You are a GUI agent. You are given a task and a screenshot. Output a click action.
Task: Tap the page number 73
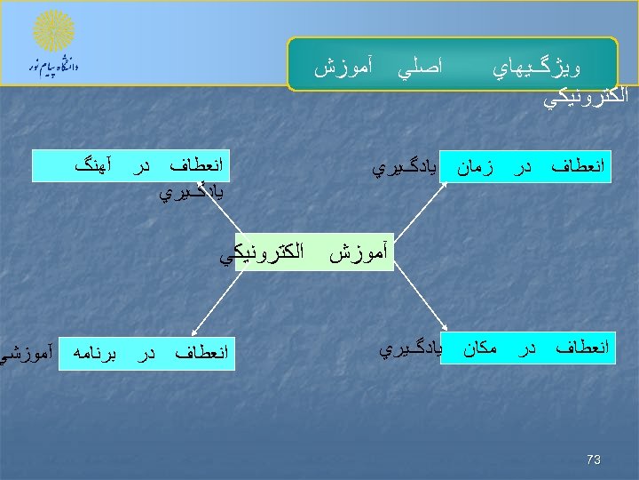[594, 460]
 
